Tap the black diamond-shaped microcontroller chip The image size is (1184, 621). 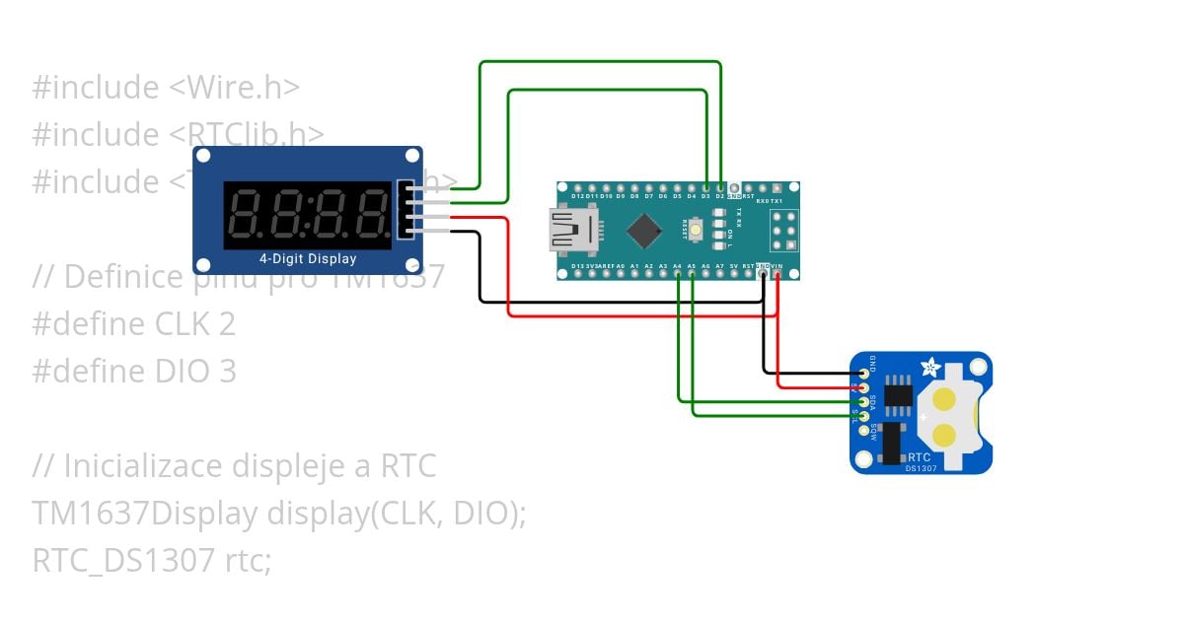click(x=643, y=231)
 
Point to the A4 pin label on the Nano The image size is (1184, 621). click(x=677, y=266)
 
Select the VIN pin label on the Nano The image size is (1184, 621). click(x=777, y=266)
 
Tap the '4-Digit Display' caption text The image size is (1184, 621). click(x=308, y=259)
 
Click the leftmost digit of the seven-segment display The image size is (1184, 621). click(x=246, y=214)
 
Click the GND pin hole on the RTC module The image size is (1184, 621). click(x=864, y=374)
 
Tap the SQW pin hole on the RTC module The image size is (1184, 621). click(x=864, y=430)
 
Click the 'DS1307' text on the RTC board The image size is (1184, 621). click(x=922, y=468)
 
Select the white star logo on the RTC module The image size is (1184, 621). click(x=928, y=368)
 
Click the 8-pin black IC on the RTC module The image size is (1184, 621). click(x=898, y=393)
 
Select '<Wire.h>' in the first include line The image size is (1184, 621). click(x=234, y=88)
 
